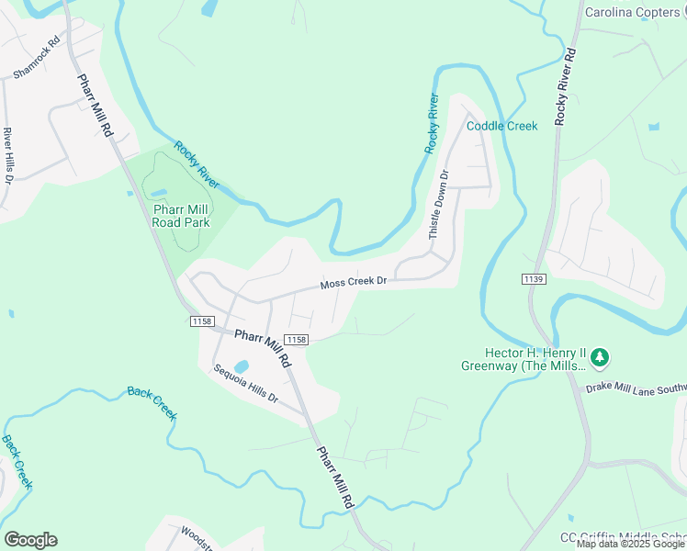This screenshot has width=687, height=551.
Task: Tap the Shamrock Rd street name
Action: point(36,57)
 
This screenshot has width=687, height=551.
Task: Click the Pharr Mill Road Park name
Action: point(181,215)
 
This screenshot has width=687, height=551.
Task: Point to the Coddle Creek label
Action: point(501,126)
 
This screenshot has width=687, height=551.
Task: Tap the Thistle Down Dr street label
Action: point(439,205)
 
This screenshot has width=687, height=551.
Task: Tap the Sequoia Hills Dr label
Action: point(245,383)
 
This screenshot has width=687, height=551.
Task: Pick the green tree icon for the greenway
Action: point(600,355)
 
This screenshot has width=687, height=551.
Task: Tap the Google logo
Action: point(30,539)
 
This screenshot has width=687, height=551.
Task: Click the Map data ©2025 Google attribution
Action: point(630,545)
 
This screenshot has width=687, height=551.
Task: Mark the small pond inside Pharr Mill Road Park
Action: point(158,191)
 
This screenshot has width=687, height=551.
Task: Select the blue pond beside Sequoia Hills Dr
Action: point(242,365)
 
